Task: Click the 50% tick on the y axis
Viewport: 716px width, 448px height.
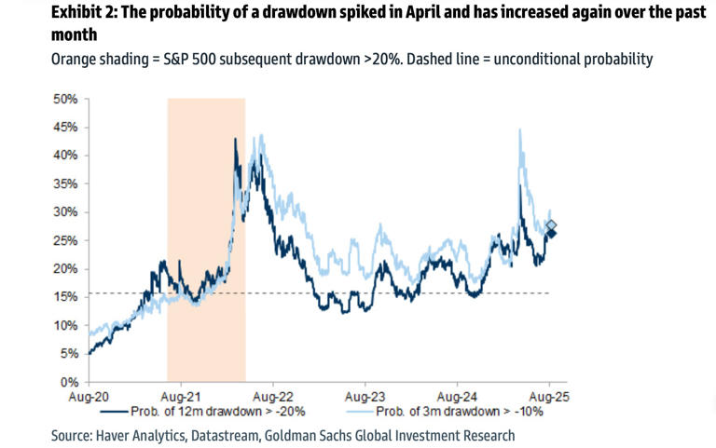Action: pyautogui.click(x=65, y=98)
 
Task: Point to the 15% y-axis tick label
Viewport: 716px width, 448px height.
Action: pyautogui.click(x=65, y=296)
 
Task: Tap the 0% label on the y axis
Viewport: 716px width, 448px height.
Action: pyautogui.click(x=69, y=382)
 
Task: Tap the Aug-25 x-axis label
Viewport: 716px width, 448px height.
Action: pyautogui.click(x=549, y=396)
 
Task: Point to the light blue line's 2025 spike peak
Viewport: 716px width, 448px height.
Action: pyautogui.click(x=518, y=130)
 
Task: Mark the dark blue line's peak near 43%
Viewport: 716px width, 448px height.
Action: pyautogui.click(x=236, y=140)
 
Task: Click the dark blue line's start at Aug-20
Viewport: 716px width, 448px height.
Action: pyautogui.click(x=88, y=353)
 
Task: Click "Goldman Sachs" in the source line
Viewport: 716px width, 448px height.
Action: pyautogui.click(x=314, y=435)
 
